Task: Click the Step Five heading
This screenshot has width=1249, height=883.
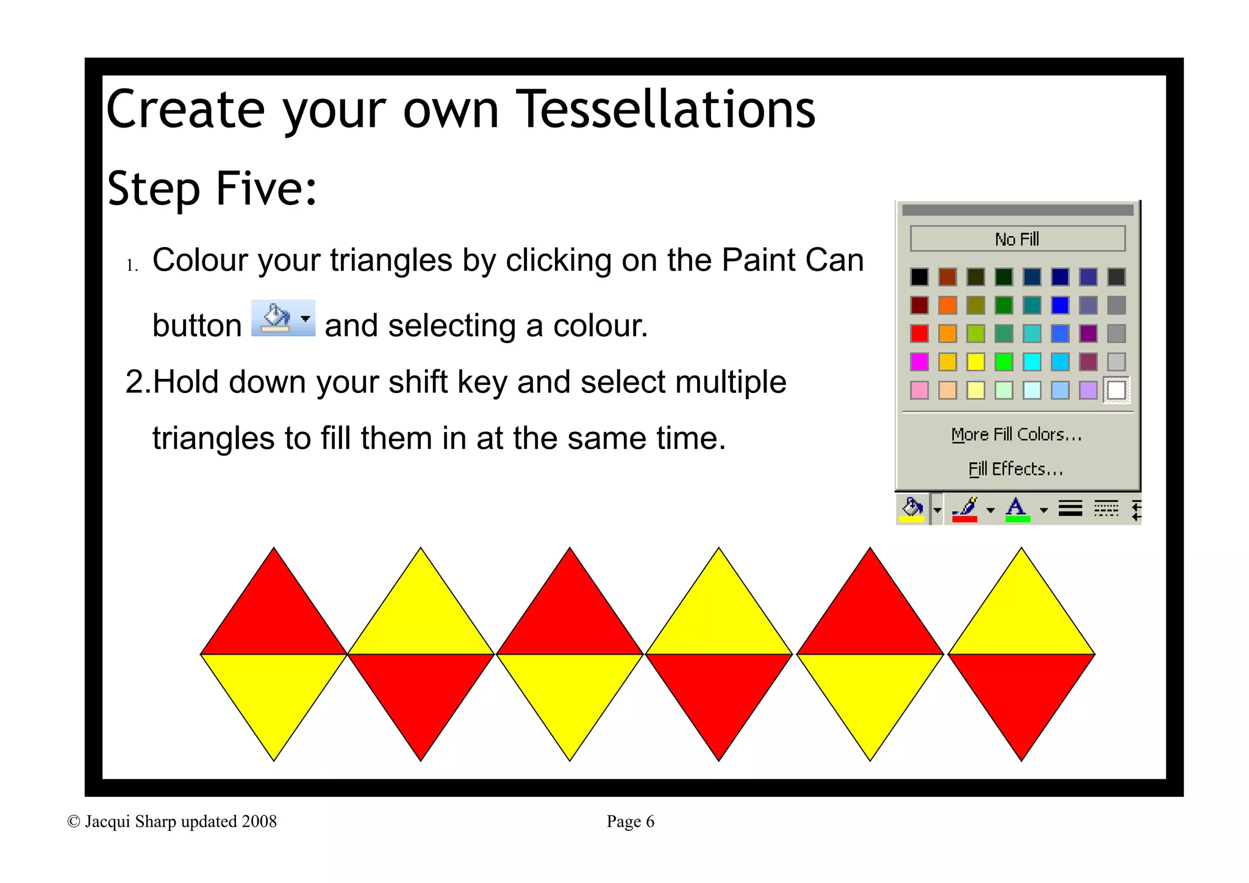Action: click(212, 189)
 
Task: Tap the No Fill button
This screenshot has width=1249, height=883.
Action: click(1017, 239)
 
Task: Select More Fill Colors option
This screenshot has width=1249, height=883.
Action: click(1016, 434)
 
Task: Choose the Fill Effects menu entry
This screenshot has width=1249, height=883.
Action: click(1015, 469)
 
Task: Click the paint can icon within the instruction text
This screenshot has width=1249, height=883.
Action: click(276, 318)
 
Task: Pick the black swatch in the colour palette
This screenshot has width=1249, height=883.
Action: click(919, 277)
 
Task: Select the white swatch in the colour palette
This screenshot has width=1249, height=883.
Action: click(1116, 390)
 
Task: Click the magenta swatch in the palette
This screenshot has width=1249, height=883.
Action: click(919, 362)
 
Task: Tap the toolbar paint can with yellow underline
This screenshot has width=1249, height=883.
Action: click(912, 508)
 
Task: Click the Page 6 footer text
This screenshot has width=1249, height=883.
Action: click(630, 821)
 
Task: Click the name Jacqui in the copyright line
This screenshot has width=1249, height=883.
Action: click(107, 821)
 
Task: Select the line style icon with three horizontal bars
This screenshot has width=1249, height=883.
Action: click(1070, 508)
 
